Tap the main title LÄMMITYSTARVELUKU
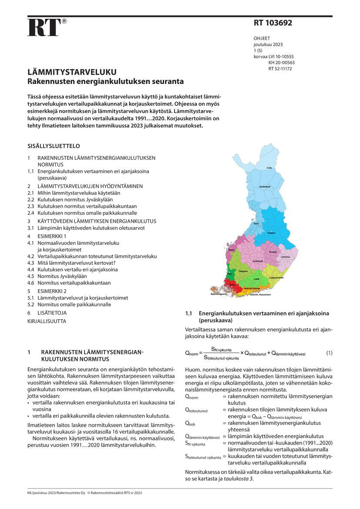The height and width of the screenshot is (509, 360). (x=72, y=72)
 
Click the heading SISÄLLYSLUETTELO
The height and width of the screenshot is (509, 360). (x=54, y=146)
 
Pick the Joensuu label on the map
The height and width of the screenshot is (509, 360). (x=286, y=257)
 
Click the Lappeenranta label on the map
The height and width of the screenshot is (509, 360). (x=276, y=277)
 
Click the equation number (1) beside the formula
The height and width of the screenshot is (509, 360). (x=330, y=353)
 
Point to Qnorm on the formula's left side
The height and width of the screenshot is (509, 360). (x=192, y=354)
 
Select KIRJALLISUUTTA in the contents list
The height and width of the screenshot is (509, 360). (x=47, y=321)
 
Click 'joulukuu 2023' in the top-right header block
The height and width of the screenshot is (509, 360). (x=268, y=45)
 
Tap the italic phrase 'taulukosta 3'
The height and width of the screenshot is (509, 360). (x=239, y=479)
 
